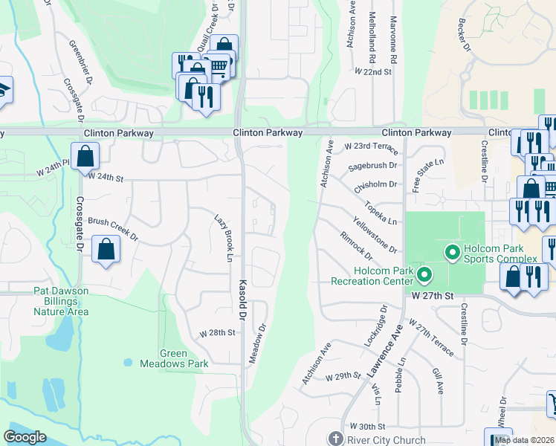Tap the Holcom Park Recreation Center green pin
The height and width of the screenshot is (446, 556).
(x=424, y=276)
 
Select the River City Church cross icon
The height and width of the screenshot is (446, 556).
(x=335, y=439)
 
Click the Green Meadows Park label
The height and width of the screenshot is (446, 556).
(x=184, y=358)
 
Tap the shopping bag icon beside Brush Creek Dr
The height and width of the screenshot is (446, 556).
(x=106, y=251)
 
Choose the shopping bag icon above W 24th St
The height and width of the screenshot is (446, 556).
(x=86, y=157)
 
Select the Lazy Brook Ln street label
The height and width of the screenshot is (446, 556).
(x=224, y=239)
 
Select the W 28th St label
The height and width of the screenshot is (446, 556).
(x=222, y=332)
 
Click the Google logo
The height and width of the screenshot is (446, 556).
(x=25, y=437)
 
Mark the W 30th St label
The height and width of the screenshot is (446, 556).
(x=370, y=427)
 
